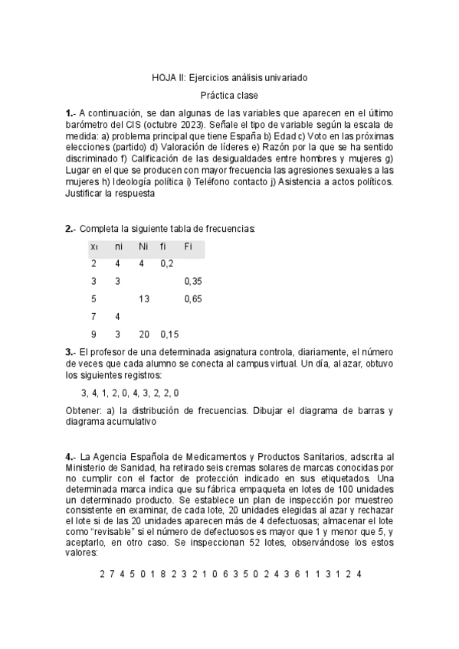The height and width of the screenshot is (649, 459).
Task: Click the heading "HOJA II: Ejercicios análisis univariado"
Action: [x=229, y=77]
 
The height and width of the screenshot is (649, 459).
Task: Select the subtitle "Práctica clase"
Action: [x=229, y=96]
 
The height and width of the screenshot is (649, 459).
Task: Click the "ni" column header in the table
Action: [x=118, y=246]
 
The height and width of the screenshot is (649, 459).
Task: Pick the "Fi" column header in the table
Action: [x=189, y=246]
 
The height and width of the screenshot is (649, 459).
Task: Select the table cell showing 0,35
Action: [x=193, y=281]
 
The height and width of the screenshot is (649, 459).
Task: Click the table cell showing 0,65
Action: [x=193, y=298]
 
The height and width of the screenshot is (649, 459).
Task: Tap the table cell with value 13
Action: [x=143, y=298]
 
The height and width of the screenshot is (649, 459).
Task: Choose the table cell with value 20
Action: [x=143, y=334]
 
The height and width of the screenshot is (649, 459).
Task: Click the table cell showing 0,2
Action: [x=166, y=263]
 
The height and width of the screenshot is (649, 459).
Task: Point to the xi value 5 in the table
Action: [x=93, y=298]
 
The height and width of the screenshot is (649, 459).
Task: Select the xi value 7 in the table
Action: [x=93, y=316]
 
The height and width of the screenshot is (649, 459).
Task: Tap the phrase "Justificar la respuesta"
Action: [x=110, y=194]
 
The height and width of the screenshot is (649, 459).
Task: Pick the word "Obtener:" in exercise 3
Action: [x=84, y=410]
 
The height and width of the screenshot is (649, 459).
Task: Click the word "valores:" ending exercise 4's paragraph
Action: [x=82, y=551]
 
